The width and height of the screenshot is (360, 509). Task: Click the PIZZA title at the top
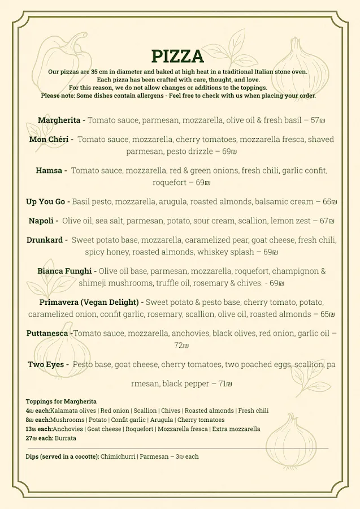click(x=177, y=56)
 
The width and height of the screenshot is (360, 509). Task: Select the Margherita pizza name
click(x=60, y=120)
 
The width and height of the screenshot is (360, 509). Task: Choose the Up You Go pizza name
click(x=47, y=201)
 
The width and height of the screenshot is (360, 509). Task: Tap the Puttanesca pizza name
click(x=49, y=333)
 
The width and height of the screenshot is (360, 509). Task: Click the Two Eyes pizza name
click(x=47, y=364)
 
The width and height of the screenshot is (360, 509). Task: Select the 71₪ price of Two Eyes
click(x=225, y=384)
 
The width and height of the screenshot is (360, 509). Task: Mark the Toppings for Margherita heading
click(x=61, y=402)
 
